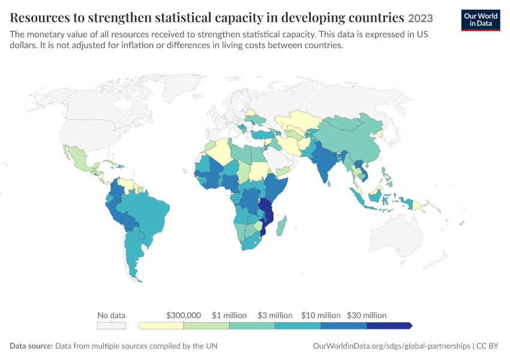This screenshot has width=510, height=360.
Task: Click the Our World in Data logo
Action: click(481, 20)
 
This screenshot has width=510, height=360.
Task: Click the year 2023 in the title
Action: click(421, 18)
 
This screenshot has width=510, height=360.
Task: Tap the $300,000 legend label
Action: click(184, 315)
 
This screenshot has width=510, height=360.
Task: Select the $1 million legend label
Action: click(229, 315)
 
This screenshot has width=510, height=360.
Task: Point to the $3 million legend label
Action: click(275, 315)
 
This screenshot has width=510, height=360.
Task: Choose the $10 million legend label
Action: click(321, 315)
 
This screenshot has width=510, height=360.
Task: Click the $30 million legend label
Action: click(367, 315)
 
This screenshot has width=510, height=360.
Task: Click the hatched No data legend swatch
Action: click(112, 326)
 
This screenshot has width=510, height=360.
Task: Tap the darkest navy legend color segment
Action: click(389, 326)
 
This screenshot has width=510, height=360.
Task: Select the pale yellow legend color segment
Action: click(161, 326)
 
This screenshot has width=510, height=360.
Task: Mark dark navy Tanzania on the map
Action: click(266, 206)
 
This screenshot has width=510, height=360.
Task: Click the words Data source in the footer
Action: click(31, 346)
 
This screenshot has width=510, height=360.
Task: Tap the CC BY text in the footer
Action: click(487, 346)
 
